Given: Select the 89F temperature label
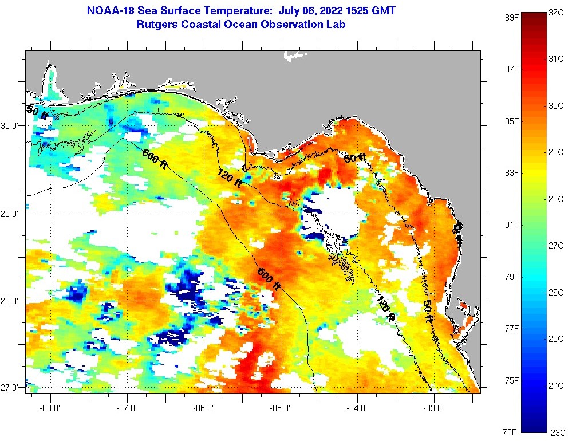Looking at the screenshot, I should click(x=511, y=17).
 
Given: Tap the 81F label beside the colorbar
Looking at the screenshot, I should click(x=511, y=225).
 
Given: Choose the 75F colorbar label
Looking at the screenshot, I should click(x=511, y=380).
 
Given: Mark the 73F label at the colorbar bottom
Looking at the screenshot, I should click(x=511, y=431).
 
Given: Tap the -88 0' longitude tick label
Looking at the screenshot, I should click(x=51, y=408).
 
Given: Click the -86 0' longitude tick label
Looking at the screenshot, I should click(x=204, y=408).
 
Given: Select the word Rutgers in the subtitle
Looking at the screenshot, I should click(x=157, y=25).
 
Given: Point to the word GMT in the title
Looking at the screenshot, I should click(x=383, y=11).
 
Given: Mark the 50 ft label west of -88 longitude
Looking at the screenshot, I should click(x=37, y=112).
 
